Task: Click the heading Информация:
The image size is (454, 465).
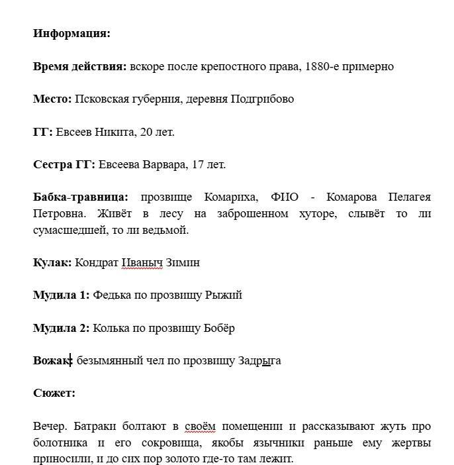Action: click(71, 34)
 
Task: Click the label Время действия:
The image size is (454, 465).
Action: click(79, 66)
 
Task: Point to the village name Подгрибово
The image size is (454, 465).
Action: click(262, 99)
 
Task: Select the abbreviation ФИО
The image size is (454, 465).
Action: click(285, 197)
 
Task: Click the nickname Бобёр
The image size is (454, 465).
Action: click(220, 328)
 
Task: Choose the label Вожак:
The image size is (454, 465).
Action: click(52, 360)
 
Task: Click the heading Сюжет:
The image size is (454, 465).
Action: click(54, 393)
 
